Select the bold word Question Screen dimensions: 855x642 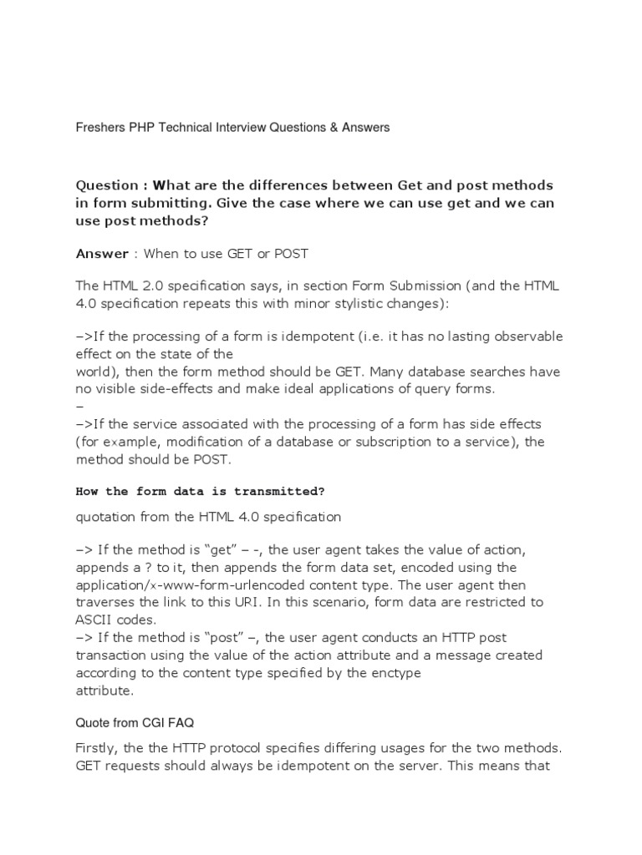coord(106,185)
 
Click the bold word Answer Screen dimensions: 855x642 coord(102,253)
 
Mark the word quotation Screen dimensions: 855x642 coord(108,517)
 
